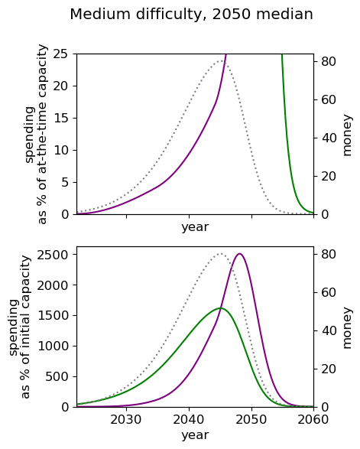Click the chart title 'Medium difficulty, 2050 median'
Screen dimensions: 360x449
click(191, 15)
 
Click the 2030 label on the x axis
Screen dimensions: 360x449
click(126, 420)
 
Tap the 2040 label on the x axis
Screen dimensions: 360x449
click(189, 420)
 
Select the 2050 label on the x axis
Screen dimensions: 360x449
click(251, 420)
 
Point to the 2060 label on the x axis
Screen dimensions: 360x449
click(313, 420)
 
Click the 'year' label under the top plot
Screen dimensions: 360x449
click(195, 227)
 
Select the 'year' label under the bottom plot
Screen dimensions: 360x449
click(195, 435)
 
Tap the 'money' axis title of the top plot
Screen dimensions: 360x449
click(347, 135)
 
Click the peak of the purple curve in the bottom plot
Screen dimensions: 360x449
click(239, 254)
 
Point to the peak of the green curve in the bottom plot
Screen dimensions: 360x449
click(220, 308)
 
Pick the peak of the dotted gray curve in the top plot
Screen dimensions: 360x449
click(221, 61)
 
